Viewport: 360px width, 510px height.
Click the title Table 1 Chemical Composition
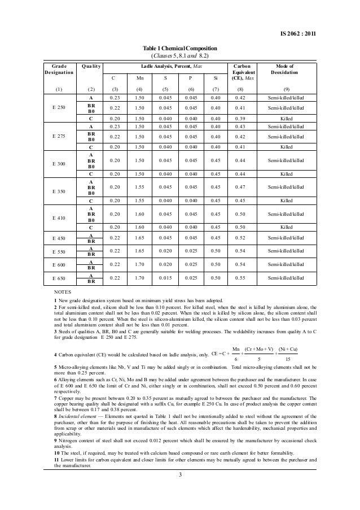pyautogui.click(x=178, y=49)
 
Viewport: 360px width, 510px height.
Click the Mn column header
pyautogui.click(x=139, y=79)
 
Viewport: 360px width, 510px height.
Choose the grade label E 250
pyautogui.click(x=59, y=107)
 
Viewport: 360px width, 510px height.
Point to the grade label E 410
pyautogui.click(x=59, y=217)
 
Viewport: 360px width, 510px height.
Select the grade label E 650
pyautogui.click(x=59, y=278)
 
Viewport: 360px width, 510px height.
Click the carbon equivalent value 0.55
pyautogui.click(x=240, y=278)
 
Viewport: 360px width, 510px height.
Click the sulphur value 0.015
pyautogui.click(x=165, y=278)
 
